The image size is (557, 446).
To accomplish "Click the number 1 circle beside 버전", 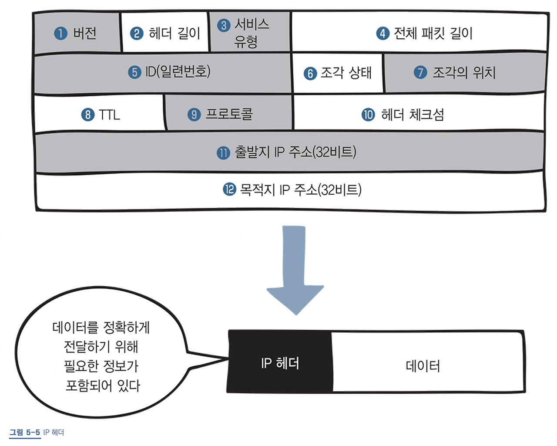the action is (60, 33).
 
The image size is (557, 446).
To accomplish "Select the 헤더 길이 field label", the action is (174, 33).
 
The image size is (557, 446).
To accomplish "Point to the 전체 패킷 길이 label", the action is (433, 33).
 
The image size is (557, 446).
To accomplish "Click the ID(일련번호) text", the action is (178, 71).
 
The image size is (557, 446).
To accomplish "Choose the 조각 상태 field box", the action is (338, 73).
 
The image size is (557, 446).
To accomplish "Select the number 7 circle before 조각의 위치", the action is (420, 72).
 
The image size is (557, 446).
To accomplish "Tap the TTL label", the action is (109, 115).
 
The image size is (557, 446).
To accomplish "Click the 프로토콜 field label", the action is (229, 114).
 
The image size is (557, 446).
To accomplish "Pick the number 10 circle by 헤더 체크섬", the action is (368, 115).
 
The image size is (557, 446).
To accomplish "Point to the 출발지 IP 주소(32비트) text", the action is (295, 152).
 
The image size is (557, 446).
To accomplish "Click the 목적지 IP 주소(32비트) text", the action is (301, 189).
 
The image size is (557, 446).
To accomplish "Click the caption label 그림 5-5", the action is (24, 432).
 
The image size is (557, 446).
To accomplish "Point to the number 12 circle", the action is (229, 189).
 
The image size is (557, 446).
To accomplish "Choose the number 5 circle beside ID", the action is (134, 72).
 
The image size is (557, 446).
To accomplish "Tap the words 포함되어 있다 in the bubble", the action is (103, 385).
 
